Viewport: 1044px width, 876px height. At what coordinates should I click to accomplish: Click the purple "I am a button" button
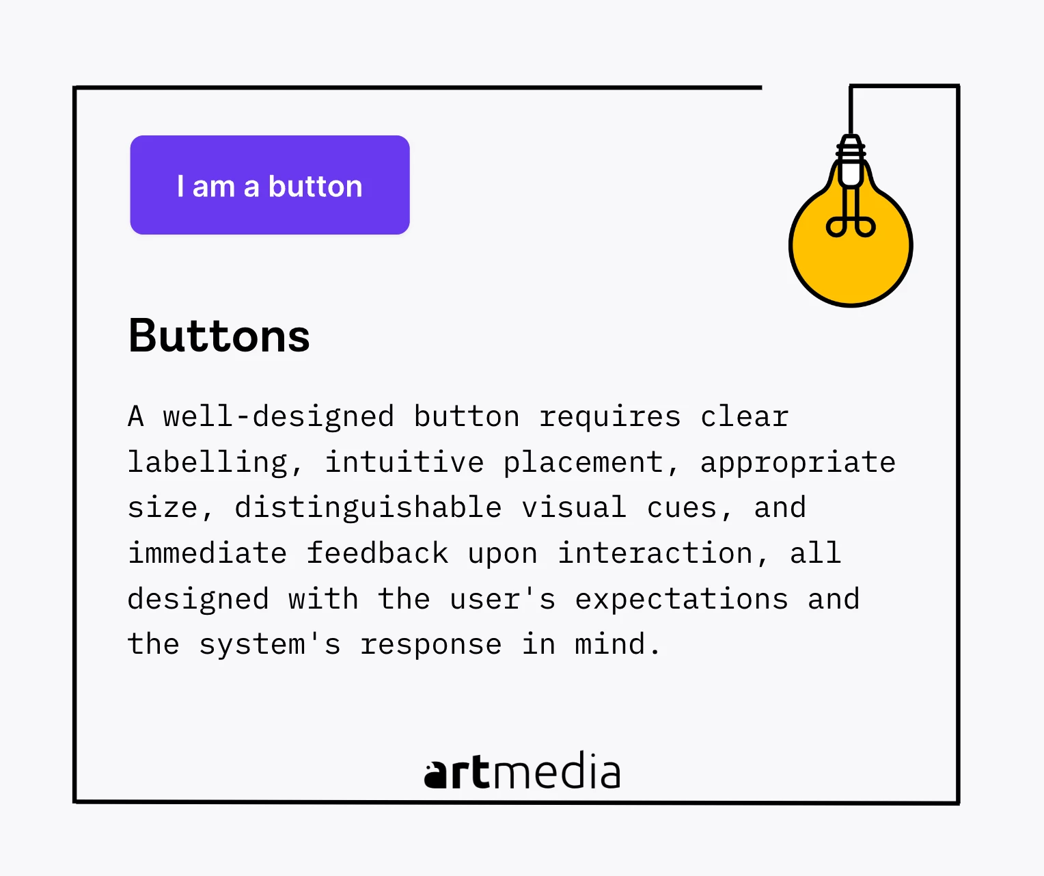269,185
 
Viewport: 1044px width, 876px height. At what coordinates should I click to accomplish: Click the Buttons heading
219,336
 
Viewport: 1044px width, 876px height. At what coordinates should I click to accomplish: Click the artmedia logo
522,771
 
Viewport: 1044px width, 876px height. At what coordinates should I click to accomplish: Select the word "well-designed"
279,417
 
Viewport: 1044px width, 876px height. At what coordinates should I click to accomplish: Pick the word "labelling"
208,462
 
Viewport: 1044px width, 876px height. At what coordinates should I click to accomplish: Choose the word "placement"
583,462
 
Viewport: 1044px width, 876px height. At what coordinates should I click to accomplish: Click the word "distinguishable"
368,508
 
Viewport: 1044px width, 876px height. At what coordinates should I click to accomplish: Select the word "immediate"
208,553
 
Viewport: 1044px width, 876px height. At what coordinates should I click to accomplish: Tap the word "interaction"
655,553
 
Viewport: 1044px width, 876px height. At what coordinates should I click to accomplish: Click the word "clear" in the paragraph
744,416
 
